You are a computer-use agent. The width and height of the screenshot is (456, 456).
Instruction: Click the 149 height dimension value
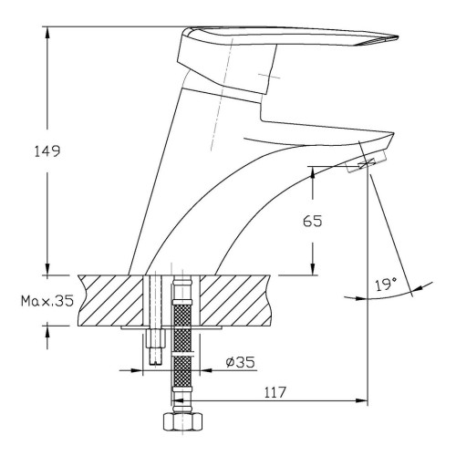coord(47,151)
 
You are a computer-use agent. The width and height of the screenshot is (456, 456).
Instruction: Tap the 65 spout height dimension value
coord(312,221)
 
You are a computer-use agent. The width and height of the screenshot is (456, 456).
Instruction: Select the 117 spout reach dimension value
coord(275,392)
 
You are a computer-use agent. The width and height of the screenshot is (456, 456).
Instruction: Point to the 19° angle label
coord(387,285)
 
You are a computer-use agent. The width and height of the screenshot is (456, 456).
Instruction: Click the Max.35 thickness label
coord(47,301)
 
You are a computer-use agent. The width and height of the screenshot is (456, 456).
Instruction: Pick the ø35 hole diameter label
coord(240,362)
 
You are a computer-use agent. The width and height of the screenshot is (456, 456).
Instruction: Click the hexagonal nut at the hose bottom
coord(182,421)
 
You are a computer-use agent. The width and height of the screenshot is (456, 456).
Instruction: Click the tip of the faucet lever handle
coord(398,37)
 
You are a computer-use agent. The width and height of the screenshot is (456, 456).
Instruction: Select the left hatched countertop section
coord(111,300)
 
